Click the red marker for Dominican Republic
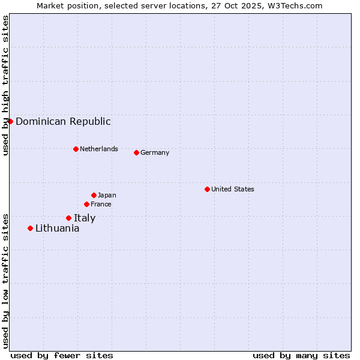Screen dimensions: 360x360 pyautogui.click(x=10, y=121)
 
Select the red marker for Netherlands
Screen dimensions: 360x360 pyautogui.click(x=76, y=149)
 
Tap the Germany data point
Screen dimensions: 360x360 pyautogui.click(x=136, y=152)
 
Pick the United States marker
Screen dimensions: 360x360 pyautogui.click(x=207, y=189)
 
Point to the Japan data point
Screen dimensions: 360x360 pyautogui.click(x=94, y=195)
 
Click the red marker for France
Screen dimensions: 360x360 pyautogui.click(x=86, y=204)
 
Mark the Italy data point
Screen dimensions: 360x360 pyautogui.click(x=68, y=218)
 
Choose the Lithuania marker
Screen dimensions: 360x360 pyautogui.click(x=30, y=228)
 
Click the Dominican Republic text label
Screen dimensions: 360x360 pyautogui.click(x=63, y=121)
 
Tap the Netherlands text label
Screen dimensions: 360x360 pyautogui.click(x=98, y=149)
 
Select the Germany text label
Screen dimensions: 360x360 pyautogui.click(x=155, y=152)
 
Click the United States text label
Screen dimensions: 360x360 pyautogui.click(x=232, y=189)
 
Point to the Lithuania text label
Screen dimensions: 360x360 pyautogui.click(x=57, y=228)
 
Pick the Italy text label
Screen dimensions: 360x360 pyautogui.click(x=85, y=218)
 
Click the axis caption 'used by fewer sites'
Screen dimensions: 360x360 pyautogui.click(x=62, y=355)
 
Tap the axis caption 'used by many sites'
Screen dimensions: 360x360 pyautogui.click(x=301, y=355)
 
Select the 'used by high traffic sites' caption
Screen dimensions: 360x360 pyautogui.click(x=5, y=85)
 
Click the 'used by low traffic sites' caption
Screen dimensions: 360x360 pyautogui.click(x=5, y=280)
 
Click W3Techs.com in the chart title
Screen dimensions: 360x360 pyautogui.click(x=295, y=5)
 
